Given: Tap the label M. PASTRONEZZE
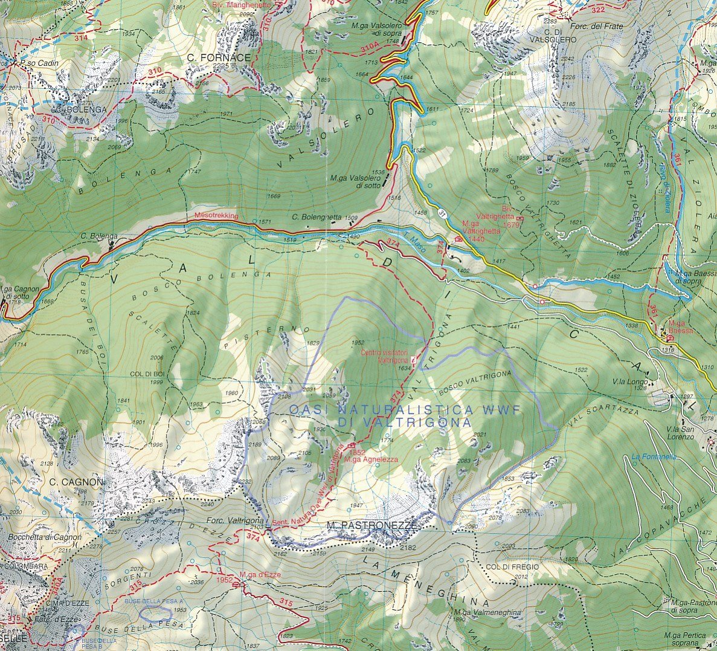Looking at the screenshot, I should tap(371, 526).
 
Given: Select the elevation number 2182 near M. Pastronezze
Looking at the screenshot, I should tap(408, 547).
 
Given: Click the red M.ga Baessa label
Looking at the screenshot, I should tap(680, 331).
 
